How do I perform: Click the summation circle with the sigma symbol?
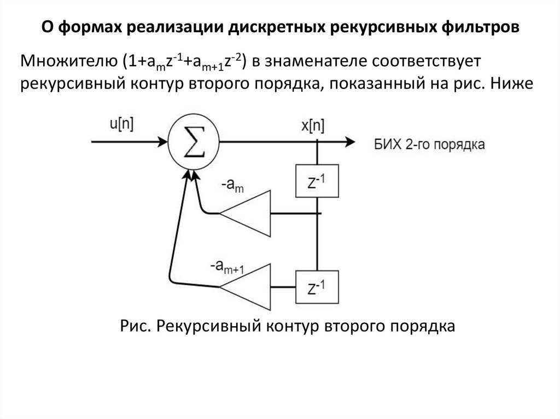click(194, 143)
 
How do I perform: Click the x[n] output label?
click(313, 126)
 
